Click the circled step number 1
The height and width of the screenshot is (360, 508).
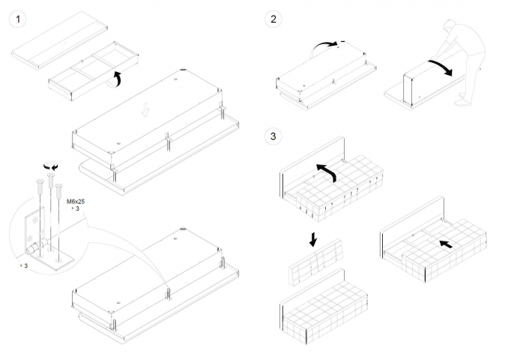[x=18, y=19]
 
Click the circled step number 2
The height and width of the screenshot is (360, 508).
[x=273, y=19]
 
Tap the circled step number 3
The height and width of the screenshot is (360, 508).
[x=273, y=136]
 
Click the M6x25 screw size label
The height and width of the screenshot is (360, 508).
[x=76, y=202]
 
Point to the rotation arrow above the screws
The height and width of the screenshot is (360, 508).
[x=51, y=166]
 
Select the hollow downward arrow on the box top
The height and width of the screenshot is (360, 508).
[x=145, y=109]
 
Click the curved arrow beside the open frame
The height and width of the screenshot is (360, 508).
[x=116, y=79]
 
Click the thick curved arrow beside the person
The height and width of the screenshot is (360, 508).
[x=441, y=67]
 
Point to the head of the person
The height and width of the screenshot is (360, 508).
[x=450, y=26]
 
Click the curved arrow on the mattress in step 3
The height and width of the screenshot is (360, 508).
[x=327, y=171]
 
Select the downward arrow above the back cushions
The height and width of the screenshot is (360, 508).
[x=313, y=239]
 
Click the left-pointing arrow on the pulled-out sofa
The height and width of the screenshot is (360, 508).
[x=446, y=244]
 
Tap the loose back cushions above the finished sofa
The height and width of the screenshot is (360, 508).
[x=315, y=262]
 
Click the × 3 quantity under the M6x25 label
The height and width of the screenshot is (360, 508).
[x=76, y=208]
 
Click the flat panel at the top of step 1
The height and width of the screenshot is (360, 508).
[x=60, y=40]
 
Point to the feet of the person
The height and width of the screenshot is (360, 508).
[x=463, y=100]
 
